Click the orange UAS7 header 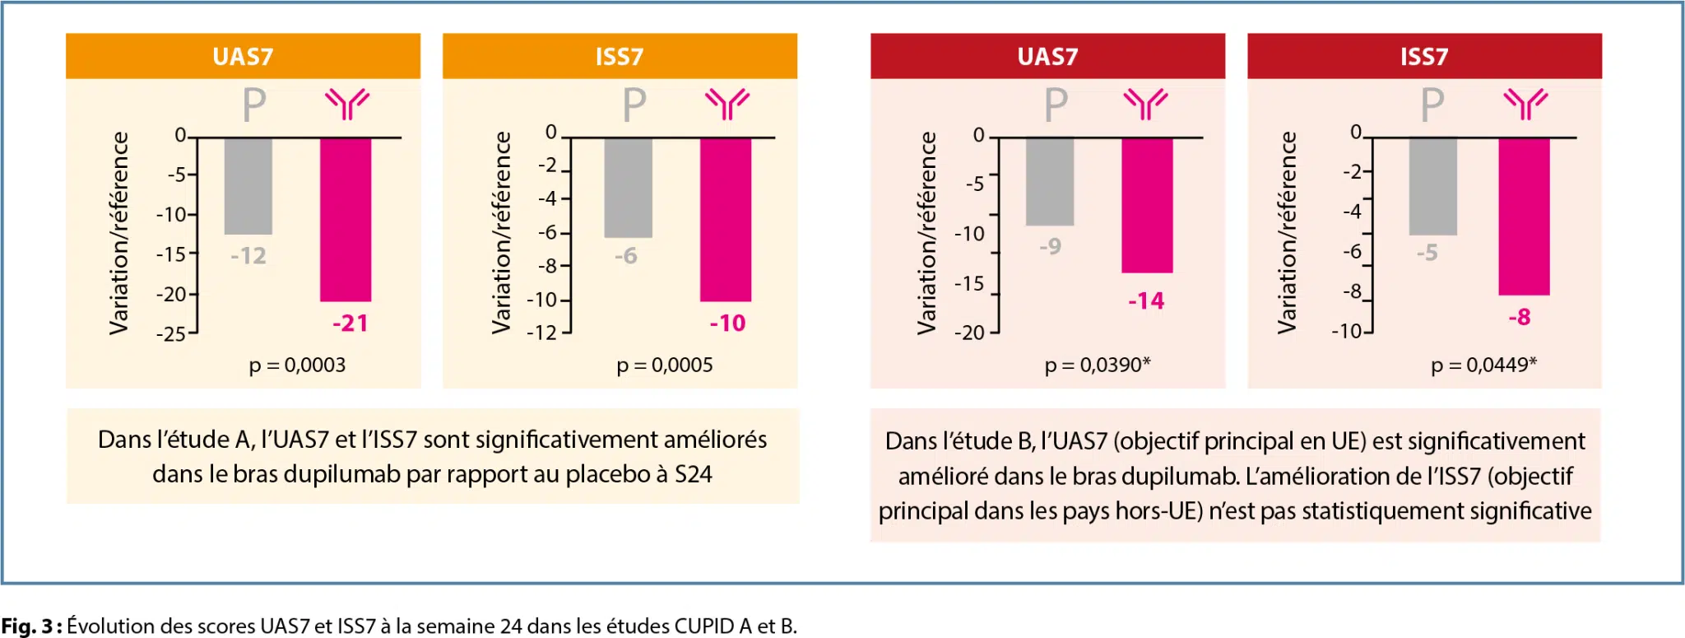[243, 56]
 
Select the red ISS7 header [1423, 56]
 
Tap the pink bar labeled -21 [346, 219]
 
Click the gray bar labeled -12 [248, 186]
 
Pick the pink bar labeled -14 [1147, 205]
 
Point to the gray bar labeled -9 [1049, 181]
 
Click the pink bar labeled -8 [1524, 216]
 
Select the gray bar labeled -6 [628, 188]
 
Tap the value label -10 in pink [727, 323]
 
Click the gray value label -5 [1427, 253]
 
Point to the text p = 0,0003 [297, 365]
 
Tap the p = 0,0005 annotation [665, 365]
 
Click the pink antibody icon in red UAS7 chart [1145, 104]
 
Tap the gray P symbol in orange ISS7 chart [634, 105]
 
